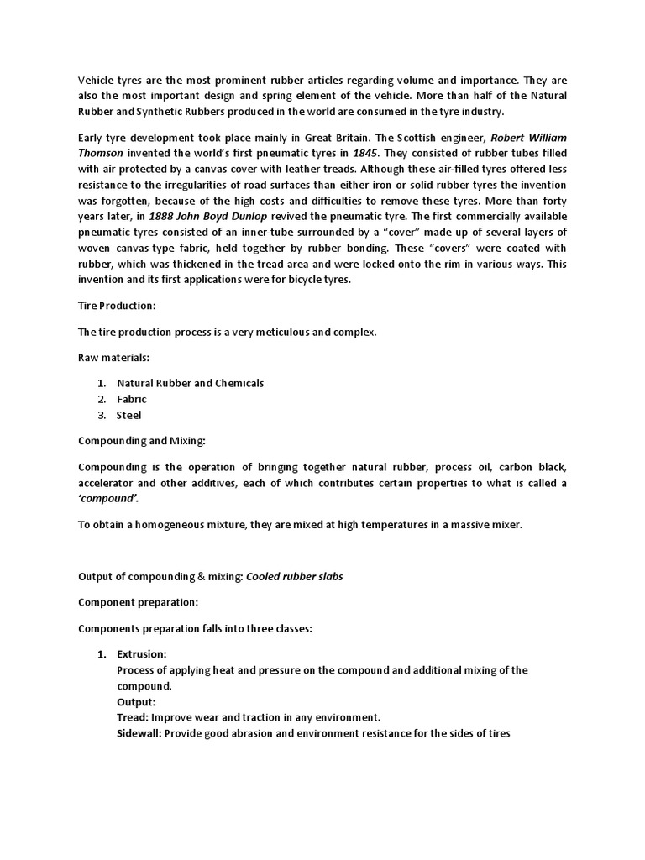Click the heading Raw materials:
[x=113, y=358]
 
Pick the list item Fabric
[x=131, y=399]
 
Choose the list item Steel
[x=128, y=415]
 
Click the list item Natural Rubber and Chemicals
[x=190, y=383]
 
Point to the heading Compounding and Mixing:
[x=141, y=440]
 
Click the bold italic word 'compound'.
[x=109, y=498]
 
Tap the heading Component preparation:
[x=139, y=603]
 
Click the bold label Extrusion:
[x=141, y=653]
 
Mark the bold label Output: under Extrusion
[x=136, y=701]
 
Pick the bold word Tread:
[x=133, y=717]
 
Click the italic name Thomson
[x=100, y=152]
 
